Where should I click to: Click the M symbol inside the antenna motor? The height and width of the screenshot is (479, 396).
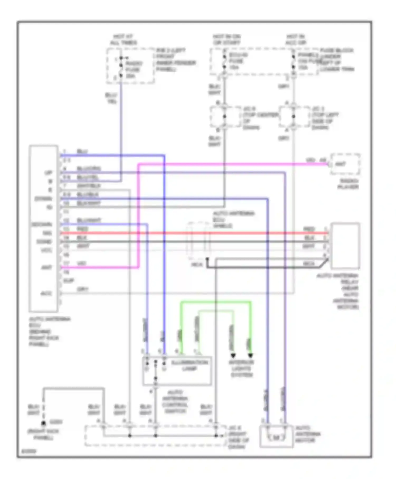[276, 438]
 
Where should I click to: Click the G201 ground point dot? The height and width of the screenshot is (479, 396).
[44, 423]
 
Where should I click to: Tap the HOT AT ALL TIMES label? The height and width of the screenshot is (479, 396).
[123, 40]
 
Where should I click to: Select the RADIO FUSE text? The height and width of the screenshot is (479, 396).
[134, 67]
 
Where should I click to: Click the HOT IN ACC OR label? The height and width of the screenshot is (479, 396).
[296, 40]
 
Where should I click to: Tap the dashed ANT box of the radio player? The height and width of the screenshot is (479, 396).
[345, 164]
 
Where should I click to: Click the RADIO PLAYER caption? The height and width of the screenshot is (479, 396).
[348, 184]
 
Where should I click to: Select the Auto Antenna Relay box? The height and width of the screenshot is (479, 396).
[345, 246]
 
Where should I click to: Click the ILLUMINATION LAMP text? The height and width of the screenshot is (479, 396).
[189, 366]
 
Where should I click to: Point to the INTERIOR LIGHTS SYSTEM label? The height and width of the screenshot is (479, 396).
[242, 369]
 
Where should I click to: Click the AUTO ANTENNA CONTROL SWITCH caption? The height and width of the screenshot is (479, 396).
[175, 402]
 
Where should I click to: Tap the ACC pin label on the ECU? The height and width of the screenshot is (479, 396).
[46, 293]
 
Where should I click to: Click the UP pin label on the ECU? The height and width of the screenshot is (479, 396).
[49, 173]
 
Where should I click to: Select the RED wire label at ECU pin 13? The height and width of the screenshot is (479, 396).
[82, 229]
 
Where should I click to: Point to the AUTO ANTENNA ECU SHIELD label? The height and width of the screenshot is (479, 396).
[233, 220]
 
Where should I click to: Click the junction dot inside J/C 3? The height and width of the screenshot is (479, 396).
[294, 116]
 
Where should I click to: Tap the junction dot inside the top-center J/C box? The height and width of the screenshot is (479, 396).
[225, 116]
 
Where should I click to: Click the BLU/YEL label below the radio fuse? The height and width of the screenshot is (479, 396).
[111, 98]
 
